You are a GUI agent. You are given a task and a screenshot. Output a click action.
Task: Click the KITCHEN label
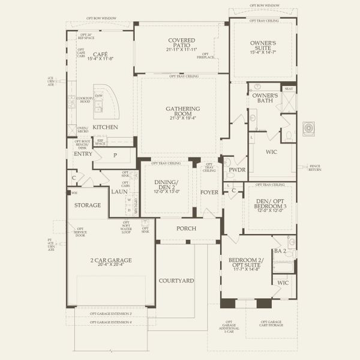pyautogui.click(x=105, y=127)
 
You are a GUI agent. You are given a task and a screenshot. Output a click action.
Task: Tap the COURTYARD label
pyautogui.click(x=176, y=280)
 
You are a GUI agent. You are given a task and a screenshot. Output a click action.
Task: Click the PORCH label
pyautogui.click(x=187, y=229)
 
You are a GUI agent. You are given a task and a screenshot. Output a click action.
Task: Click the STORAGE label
pyautogui.click(x=87, y=205)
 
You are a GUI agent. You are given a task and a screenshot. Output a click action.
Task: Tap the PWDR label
pyautogui.click(x=233, y=170)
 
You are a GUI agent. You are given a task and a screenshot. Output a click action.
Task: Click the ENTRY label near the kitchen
pyautogui.click(x=83, y=154)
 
